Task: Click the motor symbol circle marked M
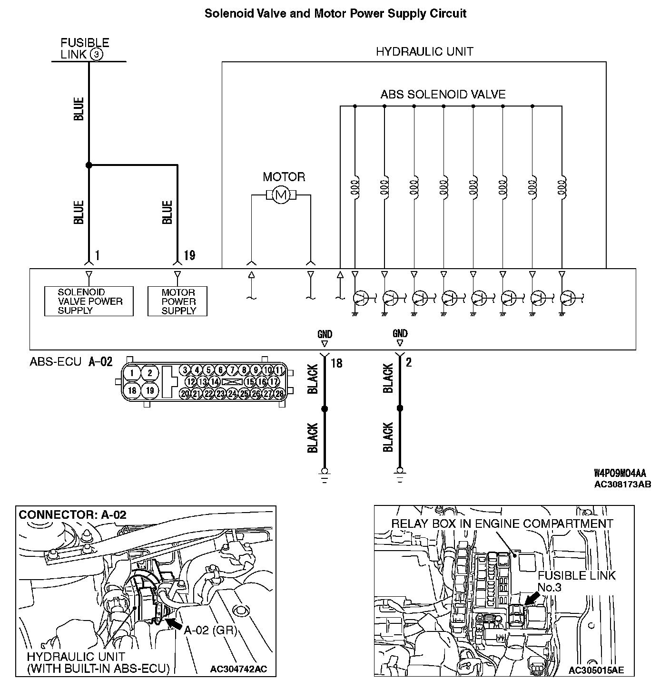tap(281, 194)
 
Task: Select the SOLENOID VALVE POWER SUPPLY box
tap(89, 301)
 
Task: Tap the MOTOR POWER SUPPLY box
tap(178, 301)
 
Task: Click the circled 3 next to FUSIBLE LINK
tap(96, 55)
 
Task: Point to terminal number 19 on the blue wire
tap(189, 256)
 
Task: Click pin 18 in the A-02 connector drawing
tap(132, 390)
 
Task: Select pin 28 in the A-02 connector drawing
tap(279, 393)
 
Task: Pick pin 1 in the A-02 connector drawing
tap(132, 373)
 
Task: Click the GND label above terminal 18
tap(325, 334)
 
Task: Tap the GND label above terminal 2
tap(400, 333)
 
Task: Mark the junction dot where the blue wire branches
tap(89, 165)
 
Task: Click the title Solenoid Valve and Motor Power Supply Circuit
tap(335, 13)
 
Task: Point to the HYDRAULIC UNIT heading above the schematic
tap(424, 52)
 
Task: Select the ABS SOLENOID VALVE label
tap(443, 94)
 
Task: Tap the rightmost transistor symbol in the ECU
tap(568, 298)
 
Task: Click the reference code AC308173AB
tap(622, 485)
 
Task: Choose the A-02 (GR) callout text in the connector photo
tap(210, 630)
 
